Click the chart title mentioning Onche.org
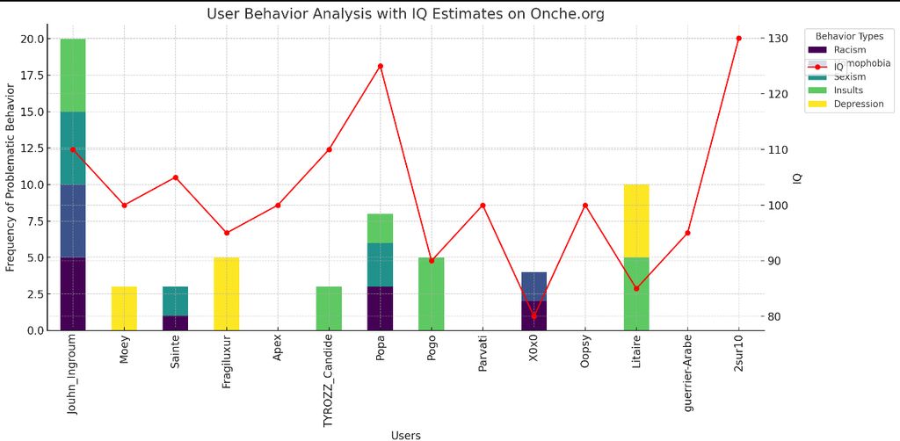(405, 14)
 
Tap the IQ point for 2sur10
(738, 39)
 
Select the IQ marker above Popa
(381, 66)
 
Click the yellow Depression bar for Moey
(124, 308)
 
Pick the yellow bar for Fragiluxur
(227, 293)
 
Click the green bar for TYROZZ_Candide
(329, 308)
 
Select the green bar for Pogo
(432, 293)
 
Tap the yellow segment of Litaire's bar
(636, 220)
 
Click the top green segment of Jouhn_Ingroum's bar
(73, 76)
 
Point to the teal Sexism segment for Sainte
(176, 301)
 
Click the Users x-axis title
(405, 435)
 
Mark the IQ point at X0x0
(533, 316)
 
